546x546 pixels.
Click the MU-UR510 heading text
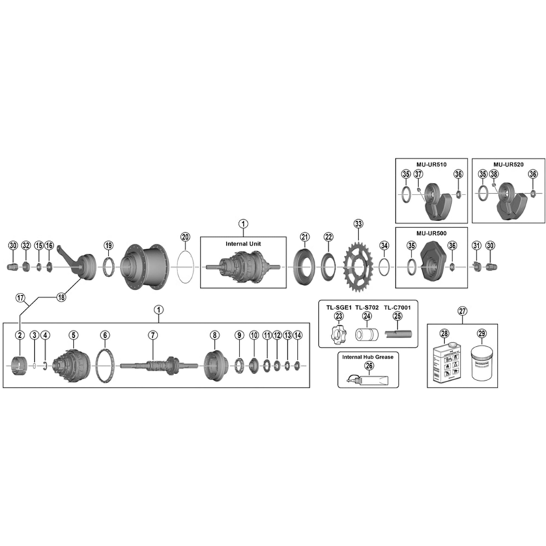pyautogui.click(x=431, y=164)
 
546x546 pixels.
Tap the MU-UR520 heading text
pyautogui.click(x=508, y=164)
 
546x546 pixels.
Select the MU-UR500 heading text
pyautogui.click(x=431, y=233)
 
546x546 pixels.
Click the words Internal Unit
pyautogui.click(x=243, y=244)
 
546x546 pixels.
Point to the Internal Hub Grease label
pyautogui.click(x=368, y=357)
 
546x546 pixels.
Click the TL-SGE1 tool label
pyautogui.click(x=339, y=308)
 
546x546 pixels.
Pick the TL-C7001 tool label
pyautogui.click(x=397, y=308)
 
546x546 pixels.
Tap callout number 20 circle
pyautogui.click(x=185, y=237)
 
